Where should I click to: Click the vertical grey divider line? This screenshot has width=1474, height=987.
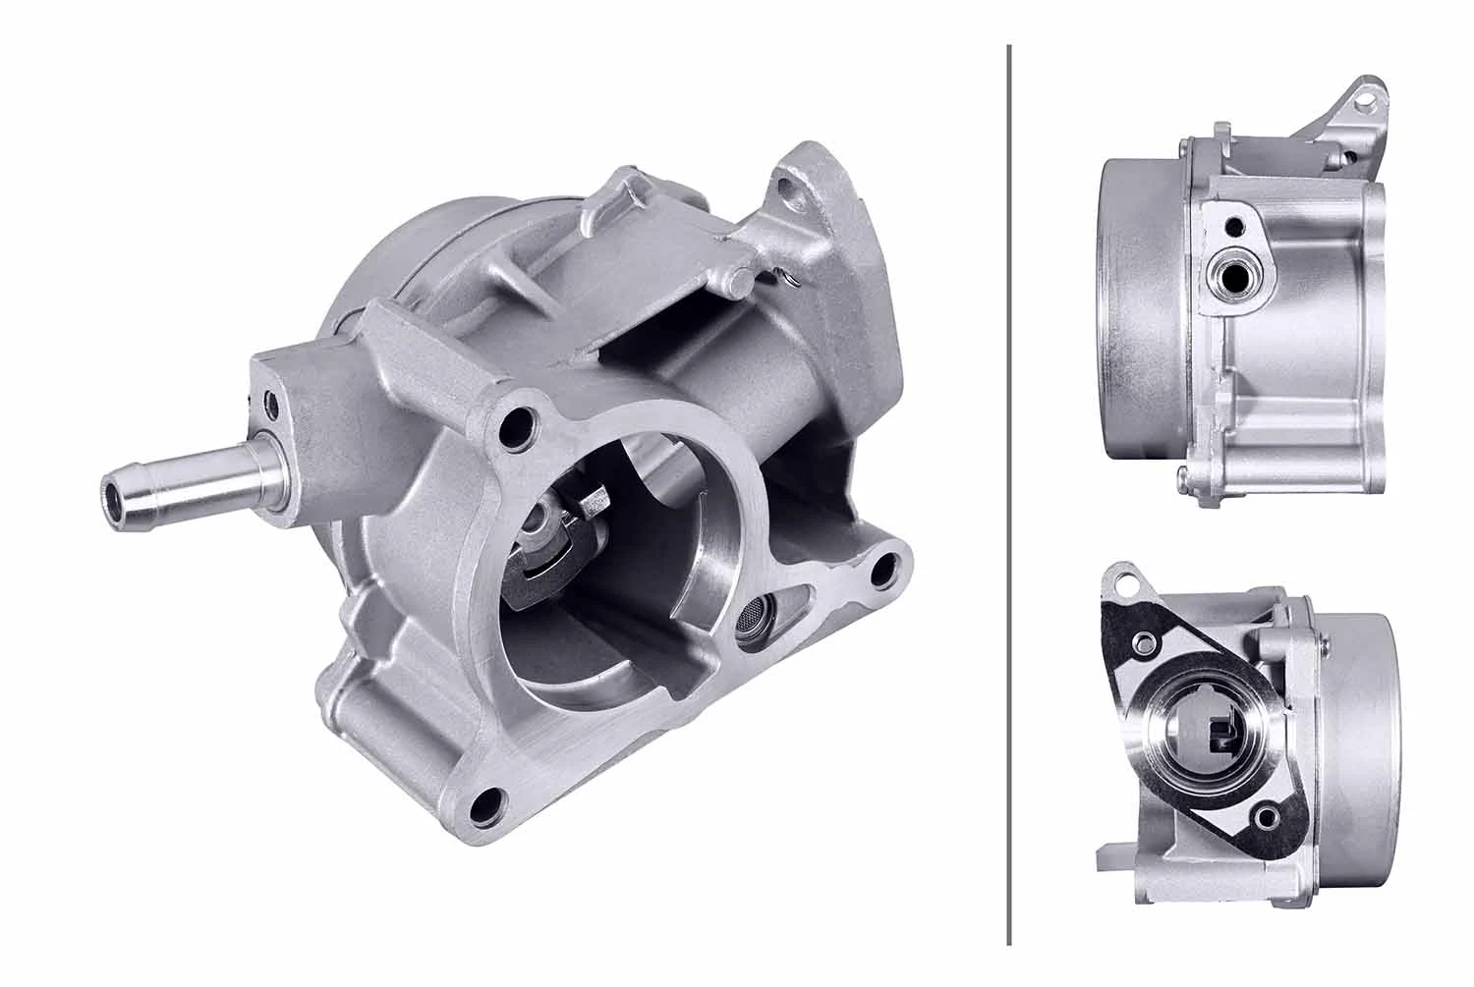point(1010,491)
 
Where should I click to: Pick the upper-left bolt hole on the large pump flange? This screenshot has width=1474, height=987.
point(511,427)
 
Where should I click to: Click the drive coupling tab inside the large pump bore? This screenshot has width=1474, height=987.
point(593,507)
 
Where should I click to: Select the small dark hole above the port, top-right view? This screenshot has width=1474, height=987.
point(1230,228)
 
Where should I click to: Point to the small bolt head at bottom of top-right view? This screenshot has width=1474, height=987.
point(1183,478)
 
